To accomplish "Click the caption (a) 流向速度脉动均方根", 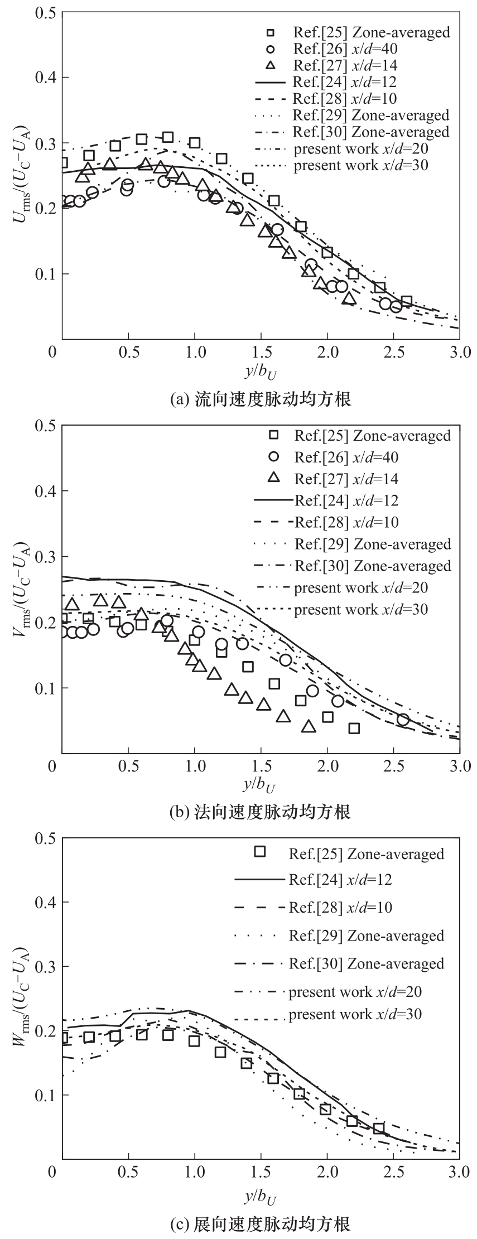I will (261, 399).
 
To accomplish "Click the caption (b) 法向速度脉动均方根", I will (261, 811).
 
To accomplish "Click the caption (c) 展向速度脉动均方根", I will (261, 1224).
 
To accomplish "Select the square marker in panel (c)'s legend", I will (259, 851).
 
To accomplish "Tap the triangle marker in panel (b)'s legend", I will (273, 478).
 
